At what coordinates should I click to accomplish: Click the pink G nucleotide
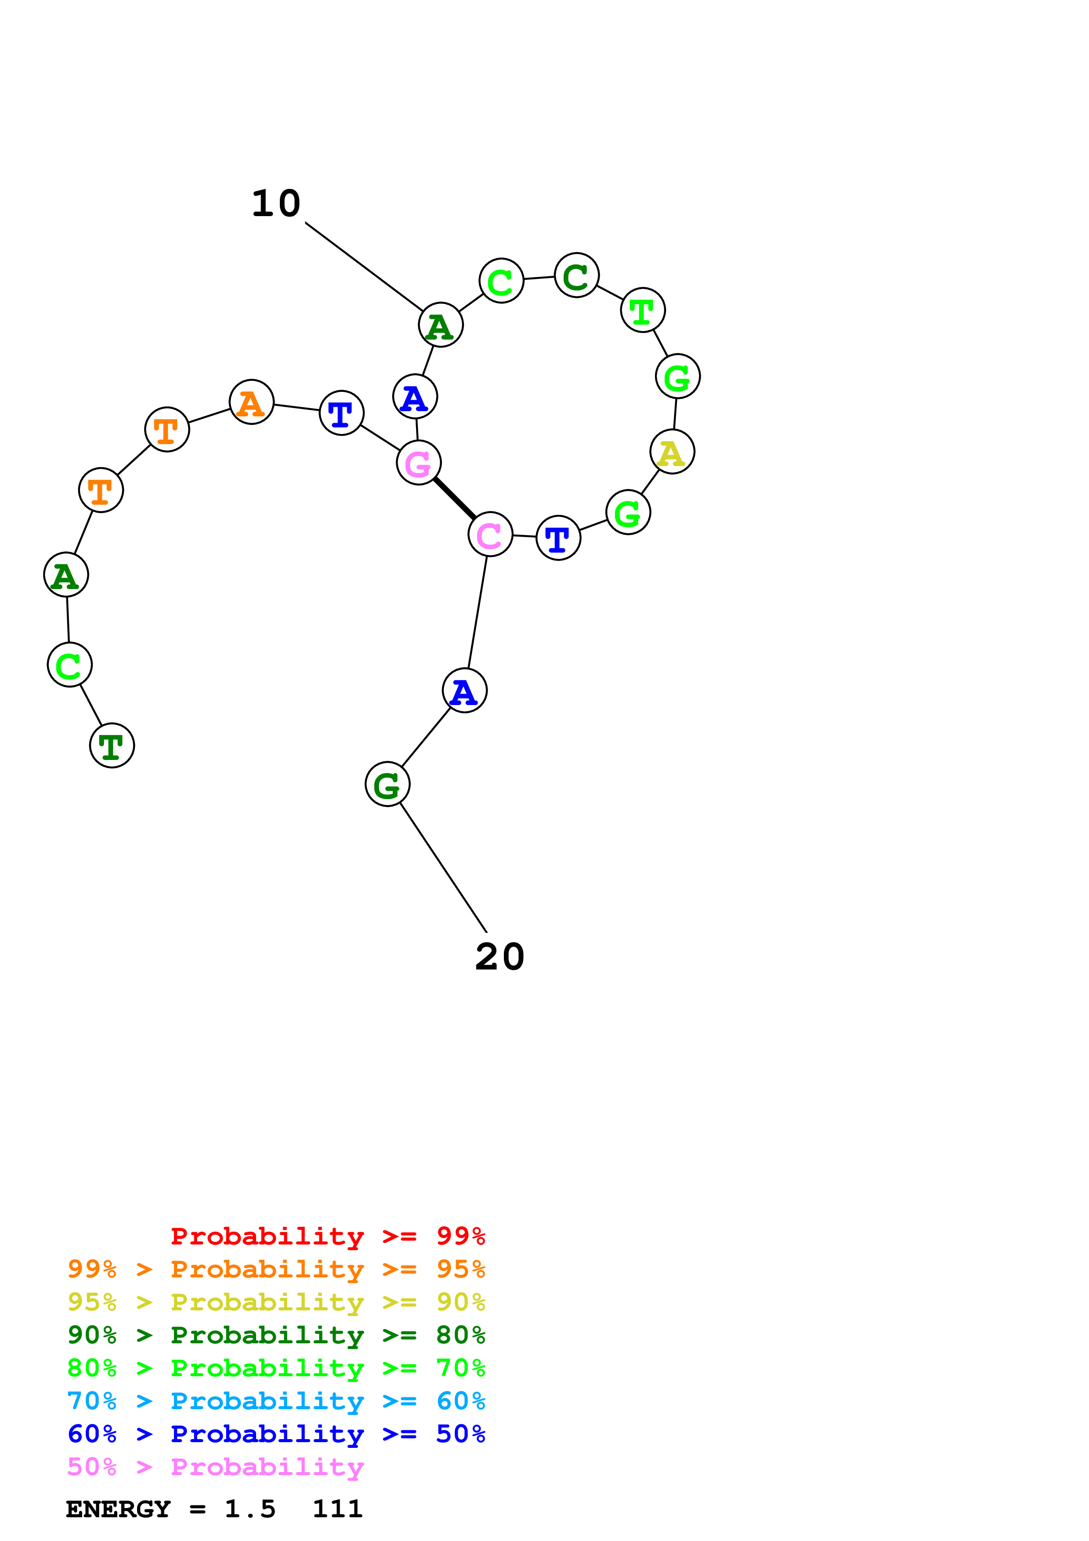coord(419,463)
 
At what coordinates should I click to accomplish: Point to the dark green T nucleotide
coord(112,745)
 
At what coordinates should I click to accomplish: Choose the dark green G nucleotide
coord(387,784)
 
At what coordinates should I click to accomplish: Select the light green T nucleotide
coord(643,310)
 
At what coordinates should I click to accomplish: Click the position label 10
coord(276,203)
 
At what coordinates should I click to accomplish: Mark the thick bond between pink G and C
coord(454,498)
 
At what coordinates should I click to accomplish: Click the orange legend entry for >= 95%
coord(276,1269)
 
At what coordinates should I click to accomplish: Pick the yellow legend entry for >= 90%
coord(276,1302)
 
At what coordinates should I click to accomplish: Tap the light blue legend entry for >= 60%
coord(276,1401)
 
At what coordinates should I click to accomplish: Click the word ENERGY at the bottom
coord(118,1509)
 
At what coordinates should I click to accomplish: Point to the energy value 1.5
coord(250,1509)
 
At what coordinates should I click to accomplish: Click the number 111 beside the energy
coord(337,1509)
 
